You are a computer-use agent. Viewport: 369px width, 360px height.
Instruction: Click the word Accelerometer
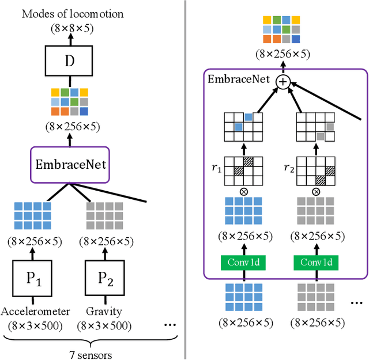[35, 312]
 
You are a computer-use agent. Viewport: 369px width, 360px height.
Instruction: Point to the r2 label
[289, 169]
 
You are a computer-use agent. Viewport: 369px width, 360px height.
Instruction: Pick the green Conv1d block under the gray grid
[316, 263]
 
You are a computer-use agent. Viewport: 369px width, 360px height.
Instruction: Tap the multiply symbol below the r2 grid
[316, 191]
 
